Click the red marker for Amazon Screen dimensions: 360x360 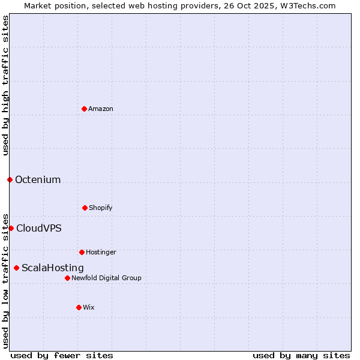pos(84,109)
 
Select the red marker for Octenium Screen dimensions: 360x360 pos(10,179)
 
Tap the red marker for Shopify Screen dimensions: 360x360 pos(85,208)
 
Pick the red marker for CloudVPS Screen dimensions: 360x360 pos(11,228)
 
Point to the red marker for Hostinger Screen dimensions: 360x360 pos(82,252)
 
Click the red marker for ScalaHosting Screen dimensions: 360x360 pos(16,268)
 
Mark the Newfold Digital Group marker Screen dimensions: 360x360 pos(67,278)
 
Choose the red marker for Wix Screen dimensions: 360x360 pos(79,307)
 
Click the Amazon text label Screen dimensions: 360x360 pos(101,109)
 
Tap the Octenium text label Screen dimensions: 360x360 pos(38,179)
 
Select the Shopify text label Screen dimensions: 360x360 pos(101,208)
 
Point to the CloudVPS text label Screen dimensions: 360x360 pos(39,228)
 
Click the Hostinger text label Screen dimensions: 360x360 pos(101,252)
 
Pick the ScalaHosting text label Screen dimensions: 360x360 pos(53,268)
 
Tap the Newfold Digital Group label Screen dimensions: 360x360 pos(106,278)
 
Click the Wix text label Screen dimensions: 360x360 pos(89,307)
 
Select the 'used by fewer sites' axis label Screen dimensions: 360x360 pos(62,355)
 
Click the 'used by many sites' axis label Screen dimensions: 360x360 pos(301,355)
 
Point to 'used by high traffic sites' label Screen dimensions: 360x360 pos(5,85)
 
